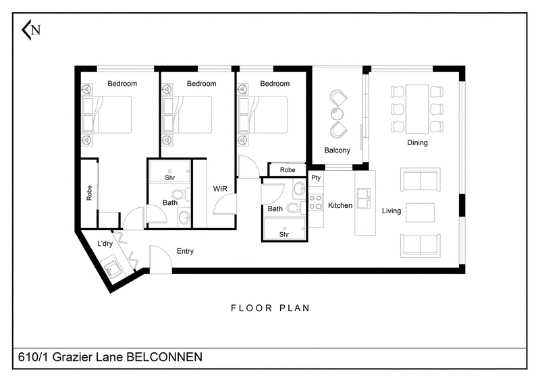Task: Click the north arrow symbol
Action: (x=30, y=30)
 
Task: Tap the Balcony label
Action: (x=337, y=151)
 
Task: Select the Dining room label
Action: (x=417, y=142)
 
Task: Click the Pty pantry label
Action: (x=316, y=178)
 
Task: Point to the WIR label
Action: (x=220, y=189)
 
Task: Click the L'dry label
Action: (x=105, y=244)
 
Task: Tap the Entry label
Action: (x=185, y=251)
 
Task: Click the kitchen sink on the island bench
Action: (x=364, y=198)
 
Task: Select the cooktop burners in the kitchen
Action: (x=315, y=202)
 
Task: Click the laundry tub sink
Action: (x=111, y=268)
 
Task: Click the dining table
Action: (x=417, y=109)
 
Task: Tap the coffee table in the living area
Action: (x=420, y=213)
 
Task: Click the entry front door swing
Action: (x=161, y=259)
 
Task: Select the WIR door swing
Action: (x=225, y=204)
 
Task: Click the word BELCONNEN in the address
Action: (x=165, y=357)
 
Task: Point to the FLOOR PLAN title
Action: (x=271, y=308)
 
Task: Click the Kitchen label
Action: (x=340, y=206)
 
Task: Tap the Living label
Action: (x=391, y=211)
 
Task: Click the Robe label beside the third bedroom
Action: (x=288, y=170)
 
